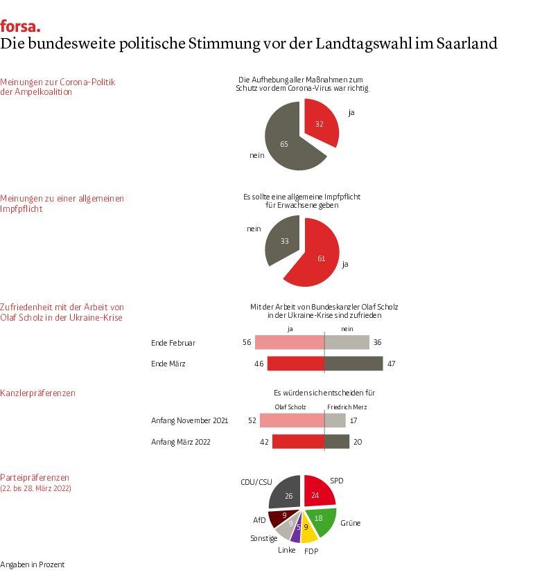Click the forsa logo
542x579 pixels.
pyautogui.click(x=20, y=26)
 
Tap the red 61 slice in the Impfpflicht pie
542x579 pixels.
pyautogui.click(x=316, y=255)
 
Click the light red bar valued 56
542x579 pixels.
pyautogui.click(x=290, y=342)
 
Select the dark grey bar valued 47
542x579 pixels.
pyautogui.click(x=353, y=364)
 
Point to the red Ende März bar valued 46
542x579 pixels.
pyautogui.click(x=296, y=364)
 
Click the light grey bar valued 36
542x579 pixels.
pyautogui.click(x=347, y=342)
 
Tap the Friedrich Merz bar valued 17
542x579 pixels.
pyautogui.click(x=335, y=420)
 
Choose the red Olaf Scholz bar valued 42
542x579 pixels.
pyautogui.click(x=298, y=442)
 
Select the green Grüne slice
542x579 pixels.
pyautogui.click(x=320, y=521)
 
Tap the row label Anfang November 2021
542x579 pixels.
pyautogui.click(x=189, y=420)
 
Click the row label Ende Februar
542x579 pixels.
pyautogui.click(x=173, y=343)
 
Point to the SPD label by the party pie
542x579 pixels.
pyautogui.click(x=337, y=481)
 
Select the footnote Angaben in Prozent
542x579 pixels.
pyautogui.click(x=32, y=564)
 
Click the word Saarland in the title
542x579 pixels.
pyautogui.click(x=466, y=43)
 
